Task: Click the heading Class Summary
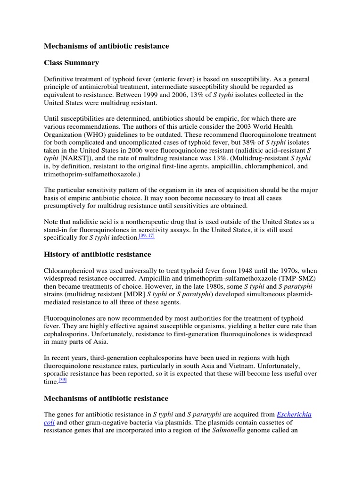click(x=71, y=62)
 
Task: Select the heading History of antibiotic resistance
click(x=98, y=254)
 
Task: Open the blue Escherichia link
click(x=294, y=414)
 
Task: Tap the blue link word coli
click(x=49, y=423)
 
